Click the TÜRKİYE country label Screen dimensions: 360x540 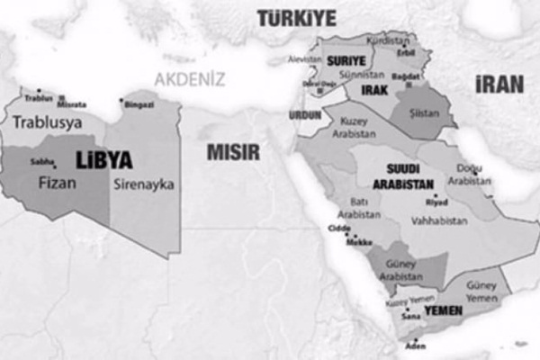[x=296, y=17]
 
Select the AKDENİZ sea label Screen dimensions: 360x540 [x=189, y=79]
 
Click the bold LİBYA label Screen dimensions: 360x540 [x=103, y=160]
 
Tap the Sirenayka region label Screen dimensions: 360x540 [x=144, y=184]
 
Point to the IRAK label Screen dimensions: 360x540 [x=373, y=91]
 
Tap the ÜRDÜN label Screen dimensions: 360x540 [x=303, y=116]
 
